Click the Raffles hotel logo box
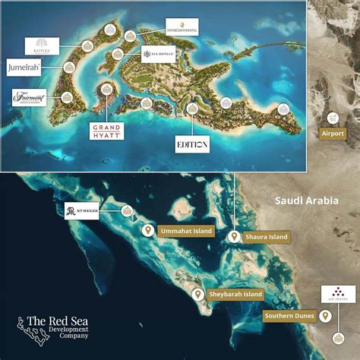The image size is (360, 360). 41,46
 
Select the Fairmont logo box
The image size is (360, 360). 30,98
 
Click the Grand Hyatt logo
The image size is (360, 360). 106,129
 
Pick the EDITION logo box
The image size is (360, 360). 192,142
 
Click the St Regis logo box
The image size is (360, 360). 82,210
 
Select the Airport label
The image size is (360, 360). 333,133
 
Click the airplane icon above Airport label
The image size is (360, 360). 333,118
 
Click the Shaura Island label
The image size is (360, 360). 267,237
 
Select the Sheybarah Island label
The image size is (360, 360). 236,294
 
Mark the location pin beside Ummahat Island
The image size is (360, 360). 147,230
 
